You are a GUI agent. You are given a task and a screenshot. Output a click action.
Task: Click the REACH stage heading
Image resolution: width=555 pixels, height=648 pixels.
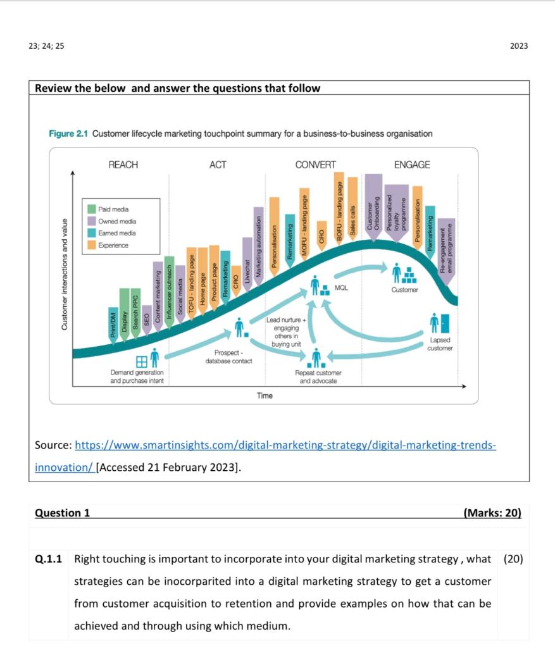coord(123,165)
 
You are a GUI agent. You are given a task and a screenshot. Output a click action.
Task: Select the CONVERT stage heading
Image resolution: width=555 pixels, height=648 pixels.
coord(315,165)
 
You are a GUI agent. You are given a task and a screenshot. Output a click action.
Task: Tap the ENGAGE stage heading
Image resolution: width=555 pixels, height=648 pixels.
coord(411,165)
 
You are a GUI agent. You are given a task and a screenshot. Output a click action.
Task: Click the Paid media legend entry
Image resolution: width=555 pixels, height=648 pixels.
coord(111,209)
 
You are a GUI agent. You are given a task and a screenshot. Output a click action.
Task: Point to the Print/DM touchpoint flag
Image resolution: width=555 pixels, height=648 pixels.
coord(113,325)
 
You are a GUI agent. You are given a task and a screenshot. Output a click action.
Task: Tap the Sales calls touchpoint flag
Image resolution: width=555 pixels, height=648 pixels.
coord(352,206)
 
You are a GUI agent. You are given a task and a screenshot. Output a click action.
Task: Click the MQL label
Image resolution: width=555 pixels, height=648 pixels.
coord(341,288)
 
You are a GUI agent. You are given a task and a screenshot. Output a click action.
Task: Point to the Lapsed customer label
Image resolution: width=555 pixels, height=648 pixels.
coord(439,344)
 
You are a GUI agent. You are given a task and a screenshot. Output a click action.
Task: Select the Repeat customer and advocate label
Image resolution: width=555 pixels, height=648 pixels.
coord(318,377)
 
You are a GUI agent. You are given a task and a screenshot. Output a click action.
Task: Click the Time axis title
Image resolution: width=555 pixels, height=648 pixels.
coord(265,396)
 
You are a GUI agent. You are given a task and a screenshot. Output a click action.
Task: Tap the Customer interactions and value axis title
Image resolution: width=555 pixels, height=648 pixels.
coord(64,274)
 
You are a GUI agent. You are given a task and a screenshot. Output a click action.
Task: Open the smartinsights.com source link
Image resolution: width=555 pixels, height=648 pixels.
coord(285,445)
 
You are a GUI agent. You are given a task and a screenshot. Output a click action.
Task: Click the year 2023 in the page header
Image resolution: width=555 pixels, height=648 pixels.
coord(518,46)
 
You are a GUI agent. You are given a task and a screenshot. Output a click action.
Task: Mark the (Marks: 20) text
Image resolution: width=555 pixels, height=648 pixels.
coord(492,513)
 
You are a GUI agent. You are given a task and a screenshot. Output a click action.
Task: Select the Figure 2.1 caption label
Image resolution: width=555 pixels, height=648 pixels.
coord(68,134)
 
